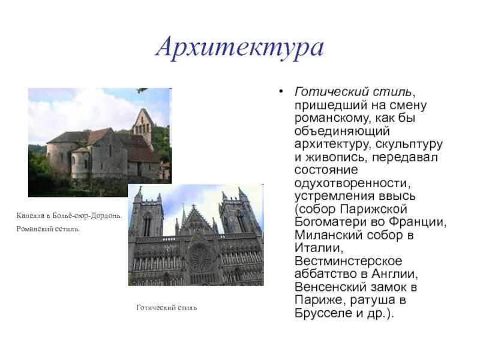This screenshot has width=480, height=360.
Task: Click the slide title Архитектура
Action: [239, 47]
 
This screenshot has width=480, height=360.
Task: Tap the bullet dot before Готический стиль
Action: [281, 91]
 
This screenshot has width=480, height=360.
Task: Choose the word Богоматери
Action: [330, 222]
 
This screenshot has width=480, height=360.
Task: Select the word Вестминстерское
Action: [349, 262]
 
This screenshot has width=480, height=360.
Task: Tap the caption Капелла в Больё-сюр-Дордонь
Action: [69, 216]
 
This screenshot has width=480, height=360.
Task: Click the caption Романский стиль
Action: [48, 229]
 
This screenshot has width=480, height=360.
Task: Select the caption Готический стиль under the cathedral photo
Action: [167, 307]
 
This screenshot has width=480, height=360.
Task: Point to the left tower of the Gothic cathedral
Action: [146, 214]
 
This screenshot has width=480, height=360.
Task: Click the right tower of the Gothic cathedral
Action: [241, 214]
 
